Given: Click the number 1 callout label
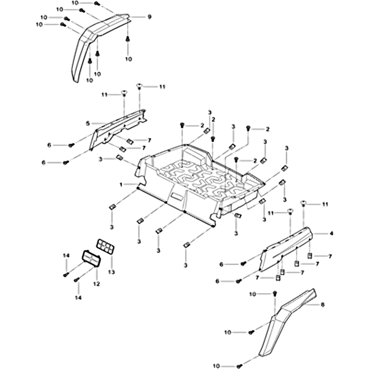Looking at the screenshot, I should click(121, 184).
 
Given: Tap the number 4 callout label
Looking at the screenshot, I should click(331, 234).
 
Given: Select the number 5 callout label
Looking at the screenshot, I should click(87, 123).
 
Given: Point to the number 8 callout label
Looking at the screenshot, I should click(322, 305).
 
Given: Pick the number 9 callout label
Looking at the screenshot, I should click(149, 17).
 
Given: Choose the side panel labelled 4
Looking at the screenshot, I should click(286, 247).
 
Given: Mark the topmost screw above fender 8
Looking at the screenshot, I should click(274, 294).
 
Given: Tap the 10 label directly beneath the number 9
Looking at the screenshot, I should click(128, 59).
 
